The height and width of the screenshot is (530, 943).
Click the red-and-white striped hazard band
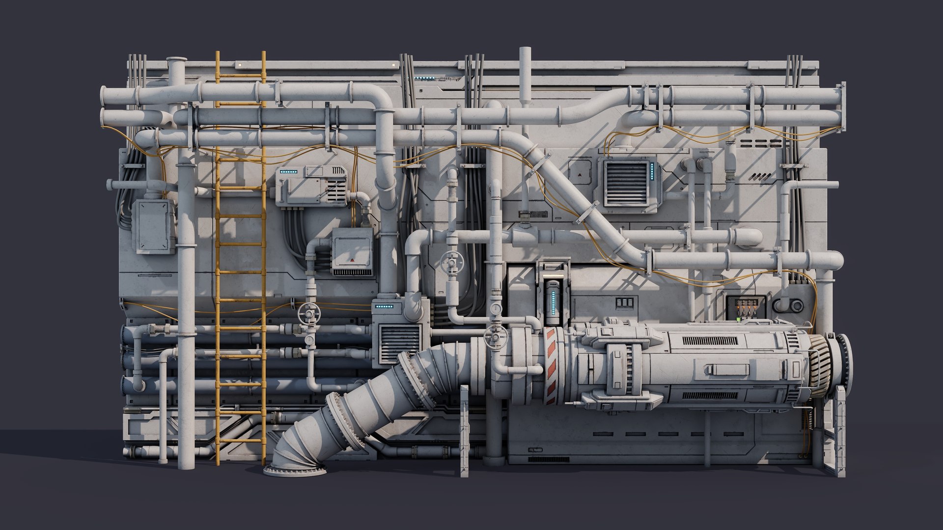tap(550, 366)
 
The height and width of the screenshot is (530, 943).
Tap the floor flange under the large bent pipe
tap(295, 470)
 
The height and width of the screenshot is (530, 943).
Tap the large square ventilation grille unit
tap(626, 184)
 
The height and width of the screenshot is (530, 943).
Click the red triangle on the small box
tap(352, 259)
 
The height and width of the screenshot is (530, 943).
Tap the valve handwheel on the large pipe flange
tap(495, 337)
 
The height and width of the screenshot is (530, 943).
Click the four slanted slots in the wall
tap(760, 176)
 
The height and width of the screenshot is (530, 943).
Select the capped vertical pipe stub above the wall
tap(526, 74)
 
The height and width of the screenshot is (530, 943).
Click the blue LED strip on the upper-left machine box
tap(288, 172)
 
